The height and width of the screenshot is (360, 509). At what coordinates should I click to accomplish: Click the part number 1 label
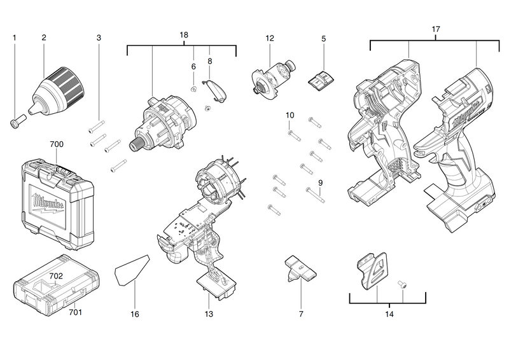point(14,38)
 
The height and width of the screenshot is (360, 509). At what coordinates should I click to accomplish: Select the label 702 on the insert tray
point(56,277)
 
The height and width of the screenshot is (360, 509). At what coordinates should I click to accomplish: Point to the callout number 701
point(75,312)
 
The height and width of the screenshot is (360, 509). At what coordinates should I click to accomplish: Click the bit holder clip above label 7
point(298,268)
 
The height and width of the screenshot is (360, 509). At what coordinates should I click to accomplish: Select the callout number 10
point(289,115)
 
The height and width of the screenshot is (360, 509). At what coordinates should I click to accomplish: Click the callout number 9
point(320,183)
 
